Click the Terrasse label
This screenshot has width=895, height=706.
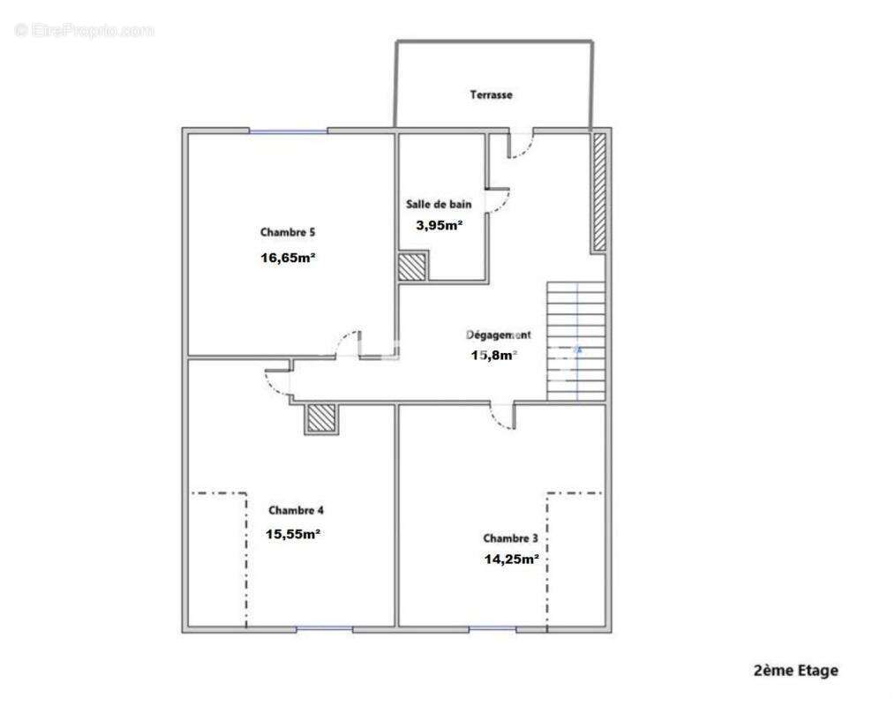pyautogui.click(x=491, y=94)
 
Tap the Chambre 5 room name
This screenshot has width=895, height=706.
pyautogui.click(x=288, y=233)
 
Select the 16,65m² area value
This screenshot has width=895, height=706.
pyautogui.click(x=289, y=259)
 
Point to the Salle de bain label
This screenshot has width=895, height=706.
pyautogui.click(x=439, y=204)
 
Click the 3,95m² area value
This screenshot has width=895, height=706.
pyautogui.click(x=440, y=225)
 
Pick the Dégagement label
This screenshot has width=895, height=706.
pyautogui.click(x=499, y=335)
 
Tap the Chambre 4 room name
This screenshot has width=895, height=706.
pyautogui.click(x=297, y=510)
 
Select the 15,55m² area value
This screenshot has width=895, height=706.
pyautogui.click(x=293, y=534)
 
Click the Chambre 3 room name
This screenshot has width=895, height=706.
pyautogui.click(x=510, y=537)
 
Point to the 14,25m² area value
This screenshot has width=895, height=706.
pyautogui.click(x=511, y=559)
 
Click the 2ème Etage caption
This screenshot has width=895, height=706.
pyautogui.click(x=795, y=671)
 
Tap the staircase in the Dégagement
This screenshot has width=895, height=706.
pyautogui.click(x=576, y=341)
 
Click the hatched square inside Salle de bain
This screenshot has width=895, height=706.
pyautogui.click(x=411, y=267)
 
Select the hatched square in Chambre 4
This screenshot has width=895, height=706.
pyautogui.click(x=321, y=418)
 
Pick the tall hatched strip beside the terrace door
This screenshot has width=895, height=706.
pyautogui.click(x=599, y=192)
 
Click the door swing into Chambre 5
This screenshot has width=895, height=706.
pyautogui.click(x=350, y=344)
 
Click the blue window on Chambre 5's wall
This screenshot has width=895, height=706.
pyautogui.click(x=288, y=131)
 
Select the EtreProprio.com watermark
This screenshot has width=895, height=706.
pyautogui.click(x=85, y=31)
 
